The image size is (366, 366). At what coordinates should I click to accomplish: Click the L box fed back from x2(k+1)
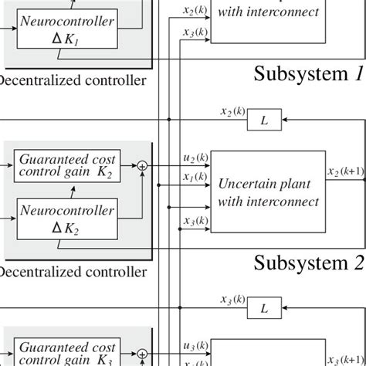pos(264,121)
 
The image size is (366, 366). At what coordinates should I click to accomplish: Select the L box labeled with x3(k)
pos(264,309)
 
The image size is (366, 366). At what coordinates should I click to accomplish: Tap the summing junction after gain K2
pos(142,164)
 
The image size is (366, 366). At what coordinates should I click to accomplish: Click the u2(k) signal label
pos(194,158)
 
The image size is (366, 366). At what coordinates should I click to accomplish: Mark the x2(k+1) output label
pos(346,171)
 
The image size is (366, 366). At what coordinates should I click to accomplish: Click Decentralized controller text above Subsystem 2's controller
pos(73,79)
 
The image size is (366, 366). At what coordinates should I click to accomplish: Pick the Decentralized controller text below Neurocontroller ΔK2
pos(73,272)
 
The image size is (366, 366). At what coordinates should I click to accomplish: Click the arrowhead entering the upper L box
pos(284,121)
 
